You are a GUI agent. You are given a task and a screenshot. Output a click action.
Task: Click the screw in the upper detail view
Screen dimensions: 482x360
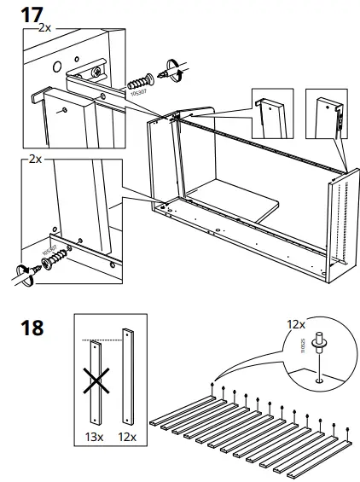point(140,81)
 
